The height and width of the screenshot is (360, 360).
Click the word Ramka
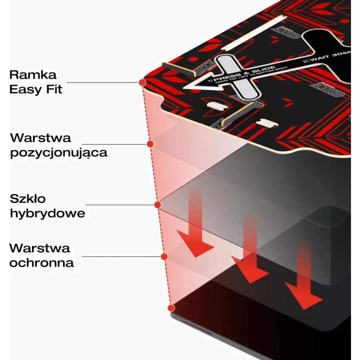point(33,75)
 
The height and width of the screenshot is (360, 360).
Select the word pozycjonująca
point(58,153)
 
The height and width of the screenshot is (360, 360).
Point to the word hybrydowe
point(47,213)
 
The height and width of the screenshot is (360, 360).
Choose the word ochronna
point(41,262)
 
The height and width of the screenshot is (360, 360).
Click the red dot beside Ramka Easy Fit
point(142,83)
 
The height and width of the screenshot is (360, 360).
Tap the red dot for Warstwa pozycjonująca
point(150,144)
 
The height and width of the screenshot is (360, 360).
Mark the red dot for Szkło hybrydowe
point(157,205)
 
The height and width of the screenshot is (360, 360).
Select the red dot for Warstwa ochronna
point(164,256)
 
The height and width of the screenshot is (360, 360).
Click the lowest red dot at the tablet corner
point(171,308)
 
